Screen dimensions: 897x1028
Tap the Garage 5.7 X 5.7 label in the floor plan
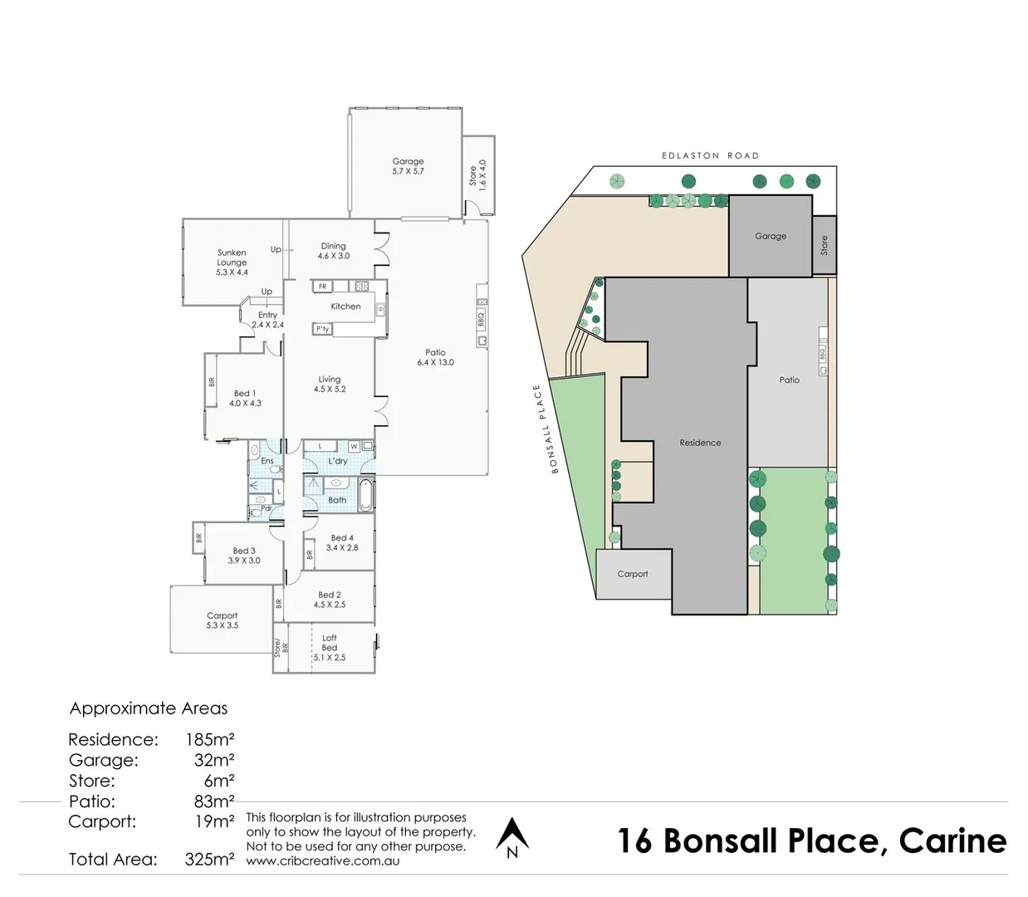(408, 166)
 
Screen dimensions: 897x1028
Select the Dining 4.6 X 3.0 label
(333, 251)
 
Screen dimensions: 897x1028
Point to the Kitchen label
(345, 306)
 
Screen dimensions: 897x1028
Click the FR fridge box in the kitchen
(323, 287)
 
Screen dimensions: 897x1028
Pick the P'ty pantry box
(322, 329)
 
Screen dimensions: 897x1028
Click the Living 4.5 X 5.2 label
(330, 384)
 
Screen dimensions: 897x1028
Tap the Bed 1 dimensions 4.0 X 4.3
(245, 404)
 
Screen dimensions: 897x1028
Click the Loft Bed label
(330, 643)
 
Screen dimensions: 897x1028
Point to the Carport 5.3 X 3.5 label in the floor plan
(222, 620)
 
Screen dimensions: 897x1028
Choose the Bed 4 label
(341, 538)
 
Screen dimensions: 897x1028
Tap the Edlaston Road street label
(710, 155)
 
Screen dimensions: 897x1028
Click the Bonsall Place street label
(546, 429)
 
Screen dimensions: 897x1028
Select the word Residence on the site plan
(700, 443)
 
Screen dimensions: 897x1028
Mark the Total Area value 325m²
(209, 860)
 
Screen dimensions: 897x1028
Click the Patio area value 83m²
(214, 801)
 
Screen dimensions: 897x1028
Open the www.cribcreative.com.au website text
(322, 861)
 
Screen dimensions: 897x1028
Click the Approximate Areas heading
(149, 708)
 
